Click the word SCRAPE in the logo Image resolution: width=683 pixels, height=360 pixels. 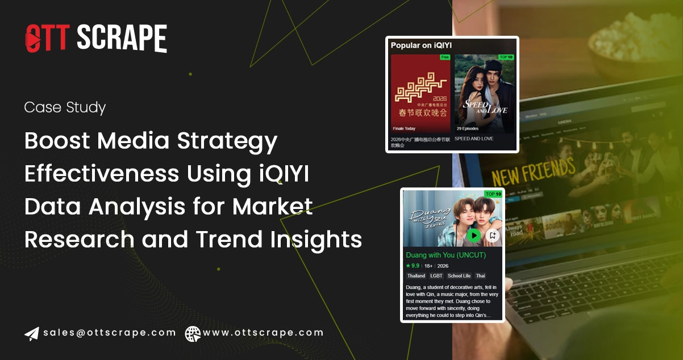click(x=122, y=38)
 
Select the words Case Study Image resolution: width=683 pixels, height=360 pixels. click(x=65, y=107)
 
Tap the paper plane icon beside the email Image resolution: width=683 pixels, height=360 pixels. click(x=31, y=333)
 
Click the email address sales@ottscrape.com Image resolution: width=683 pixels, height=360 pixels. click(x=110, y=333)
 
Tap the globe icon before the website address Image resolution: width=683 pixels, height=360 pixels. click(x=193, y=333)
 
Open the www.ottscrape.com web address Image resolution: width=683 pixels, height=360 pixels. click(x=263, y=333)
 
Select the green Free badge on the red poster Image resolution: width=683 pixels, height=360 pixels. click(x=444, y=57)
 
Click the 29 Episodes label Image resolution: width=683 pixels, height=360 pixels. click(x=468, y=129)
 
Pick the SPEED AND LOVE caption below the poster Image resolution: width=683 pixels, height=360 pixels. click(x=474, y=139)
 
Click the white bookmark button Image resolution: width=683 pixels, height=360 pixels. click(x=493, y=235)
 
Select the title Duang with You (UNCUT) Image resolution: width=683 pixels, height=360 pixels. click(x=447, y=256)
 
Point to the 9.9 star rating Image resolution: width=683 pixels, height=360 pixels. click(x=413, y=266)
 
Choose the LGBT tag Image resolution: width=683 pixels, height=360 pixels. click(x=436, y=276)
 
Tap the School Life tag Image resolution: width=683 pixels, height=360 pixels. click(x=459, y=276)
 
